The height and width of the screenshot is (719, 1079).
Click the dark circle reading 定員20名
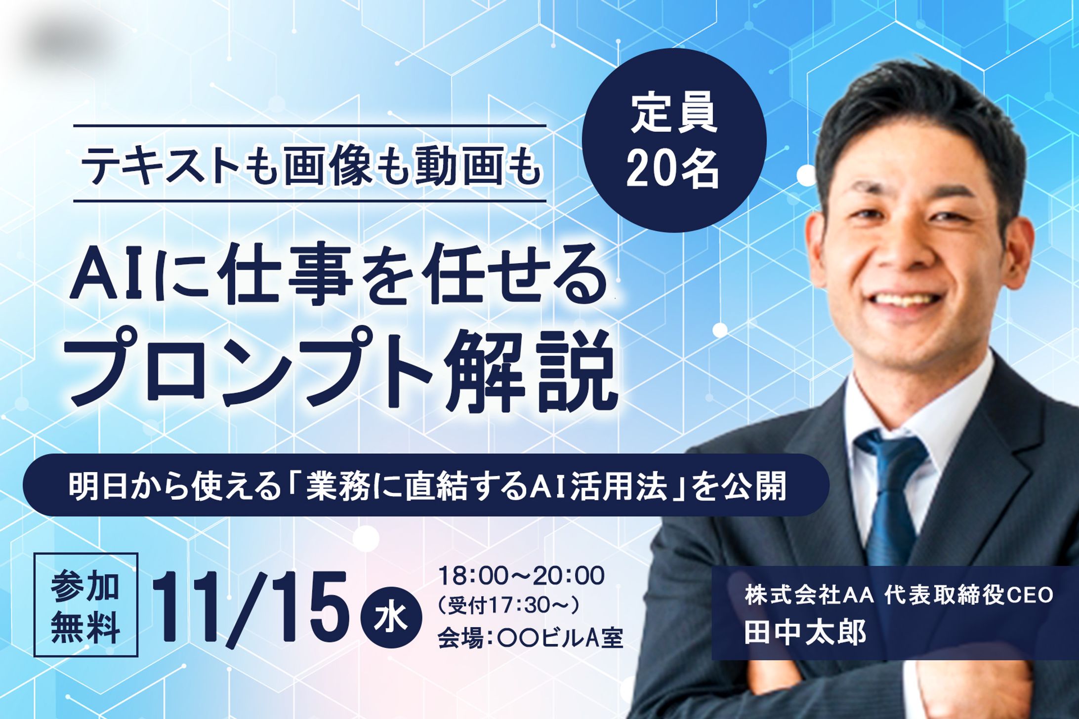(x=674, y=140)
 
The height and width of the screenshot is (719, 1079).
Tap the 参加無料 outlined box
(x=85, y=604)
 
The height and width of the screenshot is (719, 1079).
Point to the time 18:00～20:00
(x=521, y=576)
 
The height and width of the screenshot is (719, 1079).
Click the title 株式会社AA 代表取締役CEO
(x=899, y=595)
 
